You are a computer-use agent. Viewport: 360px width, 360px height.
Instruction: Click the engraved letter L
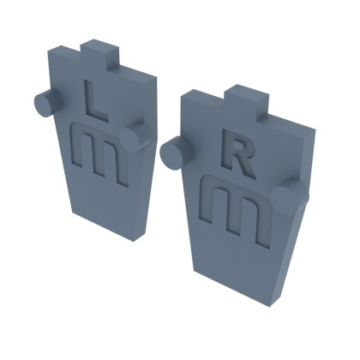(96, 99)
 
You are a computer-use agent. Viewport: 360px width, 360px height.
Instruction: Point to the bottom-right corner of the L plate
(141, 238)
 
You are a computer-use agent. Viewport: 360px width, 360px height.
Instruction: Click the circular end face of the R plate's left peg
(171, 155)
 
